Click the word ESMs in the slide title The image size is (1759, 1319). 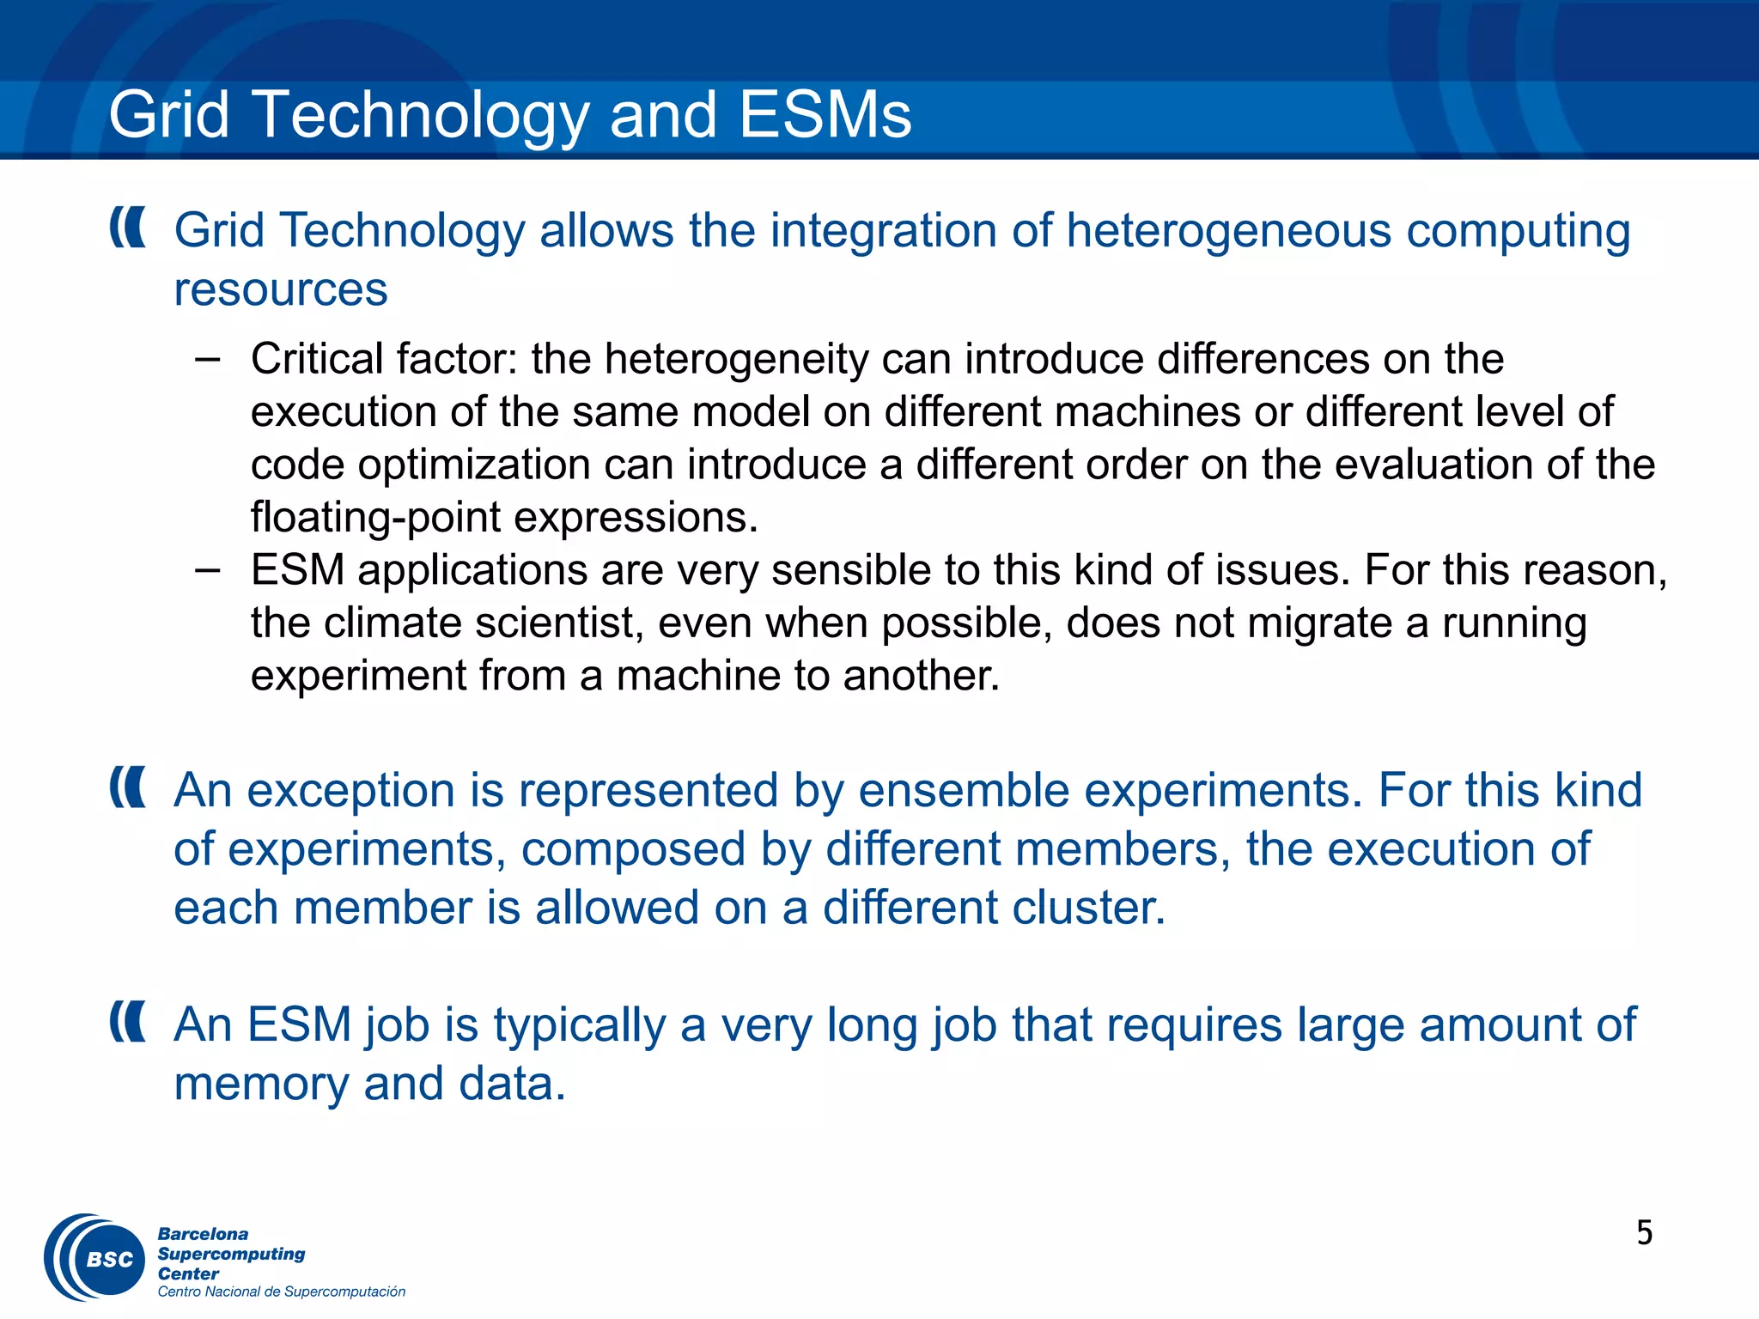pyautogui.click(x=825, y=115)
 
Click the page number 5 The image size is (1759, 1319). pyautogui.click(x=1644, y=1233)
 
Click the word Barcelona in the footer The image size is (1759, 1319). pyautogui.click(x=203, y=1234)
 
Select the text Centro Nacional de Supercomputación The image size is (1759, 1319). pyautogui.click(x=281, y=1292)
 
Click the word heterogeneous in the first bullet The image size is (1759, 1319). pyautogui.click(x=1228, y=231)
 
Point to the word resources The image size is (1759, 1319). pyautogui.click(x=281, y=289)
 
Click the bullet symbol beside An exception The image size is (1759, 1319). pyautogui.click(x=128, y=787)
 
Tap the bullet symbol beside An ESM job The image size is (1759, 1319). pyautogui.click(x=128, y=1022)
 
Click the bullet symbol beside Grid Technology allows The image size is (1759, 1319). pyautogui.click(x=128, y=228)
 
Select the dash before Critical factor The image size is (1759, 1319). pyautogui.click(x=207, y=358)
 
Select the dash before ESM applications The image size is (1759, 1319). pyautogui.click(x=207, y=569)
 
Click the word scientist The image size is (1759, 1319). pyautogui.click(x=558, y=623)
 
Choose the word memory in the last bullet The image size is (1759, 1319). pyautogui.click(x=261, y=1084)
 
